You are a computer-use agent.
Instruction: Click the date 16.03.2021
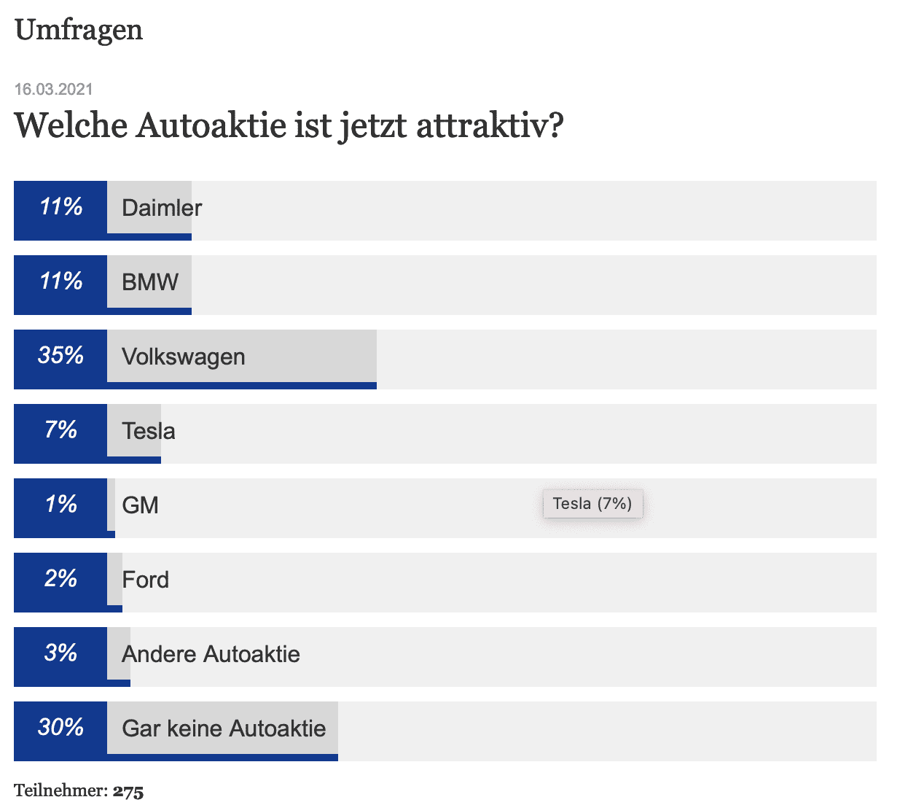click(54, 90)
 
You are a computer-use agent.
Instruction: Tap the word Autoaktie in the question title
click(211, 125)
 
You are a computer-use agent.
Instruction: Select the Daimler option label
click(162, 208)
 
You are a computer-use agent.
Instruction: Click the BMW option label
click(150, 282)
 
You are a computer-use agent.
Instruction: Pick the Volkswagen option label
click(184, 357)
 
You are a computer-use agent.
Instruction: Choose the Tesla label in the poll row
click(149, 431)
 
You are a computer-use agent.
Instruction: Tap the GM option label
click(140, 505)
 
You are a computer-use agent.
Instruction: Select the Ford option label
click(146, 580)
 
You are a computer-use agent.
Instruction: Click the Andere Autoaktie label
click(211, 654)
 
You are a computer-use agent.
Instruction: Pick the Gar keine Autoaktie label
click(224, 728)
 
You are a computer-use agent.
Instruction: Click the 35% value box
click(60, 356)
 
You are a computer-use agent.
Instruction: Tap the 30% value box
click(60, 728)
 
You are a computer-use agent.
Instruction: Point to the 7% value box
click(60, 430)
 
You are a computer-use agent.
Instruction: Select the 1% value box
click(60, 505)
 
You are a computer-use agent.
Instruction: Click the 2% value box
click(60, 579)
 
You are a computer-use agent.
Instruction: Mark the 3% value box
click(60, 653)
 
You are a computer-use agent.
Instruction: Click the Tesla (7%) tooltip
click(592, 504)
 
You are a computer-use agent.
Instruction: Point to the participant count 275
click(128, 791)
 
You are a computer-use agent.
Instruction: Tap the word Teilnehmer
click(60, 791)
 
